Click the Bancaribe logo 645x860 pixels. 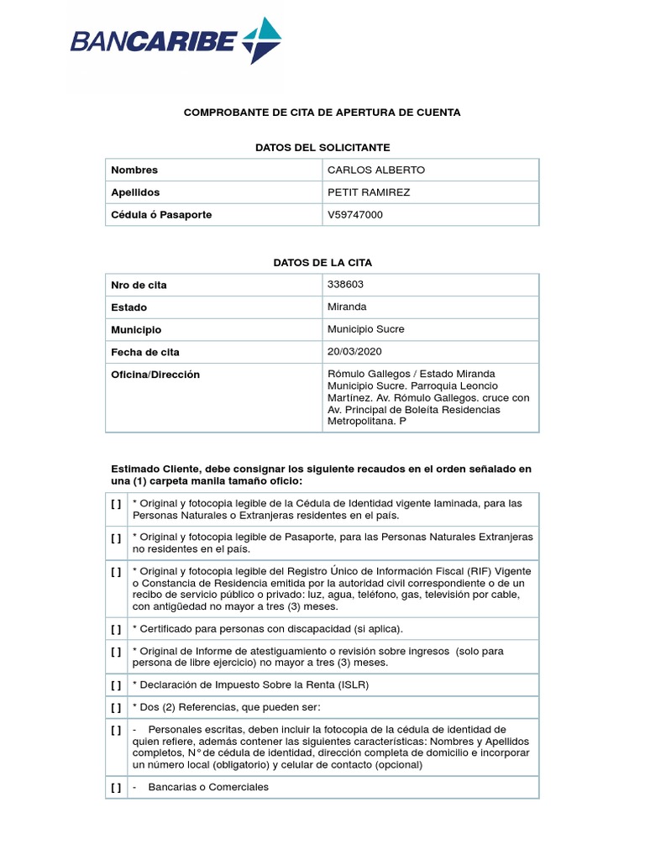(x=176, y=40)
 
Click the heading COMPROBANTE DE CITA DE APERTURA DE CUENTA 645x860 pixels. (x=322, y=112)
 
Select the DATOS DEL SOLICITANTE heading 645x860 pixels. (x=322, y=147)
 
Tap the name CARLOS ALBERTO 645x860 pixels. (x=376, y=170)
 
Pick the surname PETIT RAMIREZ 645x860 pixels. (x=369, y=192)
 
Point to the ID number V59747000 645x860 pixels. (x=355, y=215)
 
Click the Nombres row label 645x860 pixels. (x=134, y=170)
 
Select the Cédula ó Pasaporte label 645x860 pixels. (x=161, y=215)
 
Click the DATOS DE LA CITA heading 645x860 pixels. (x=322, y=262)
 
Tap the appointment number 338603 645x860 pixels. (x=345, y=284)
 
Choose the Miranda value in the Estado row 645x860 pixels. (x=347, y=307)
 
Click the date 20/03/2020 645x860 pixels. (x=355, y=352)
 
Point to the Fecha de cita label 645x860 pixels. (x=145, y=353)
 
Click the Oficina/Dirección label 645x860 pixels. (x=155, y=375)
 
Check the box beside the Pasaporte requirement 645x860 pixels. (x=115, y=537)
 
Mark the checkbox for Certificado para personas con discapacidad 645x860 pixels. (x=115, y=628)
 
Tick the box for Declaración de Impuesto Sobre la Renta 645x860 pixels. (x=115, y=684)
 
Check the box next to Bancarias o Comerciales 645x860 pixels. (x=115, y=787)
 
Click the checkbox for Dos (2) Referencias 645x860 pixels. (x=115, y=707)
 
